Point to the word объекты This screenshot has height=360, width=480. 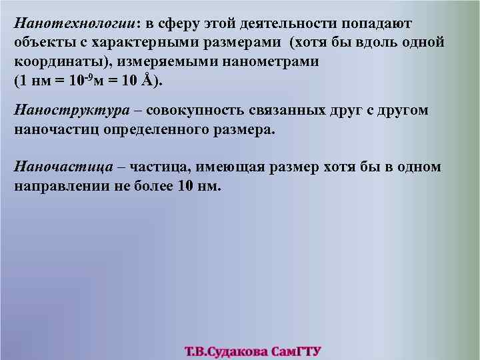(x=42, y=43)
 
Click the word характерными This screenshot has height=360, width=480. (x=140, y=43)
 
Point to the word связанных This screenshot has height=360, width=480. (x=289, y=111)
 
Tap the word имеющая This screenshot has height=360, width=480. (x=231, y=167)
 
